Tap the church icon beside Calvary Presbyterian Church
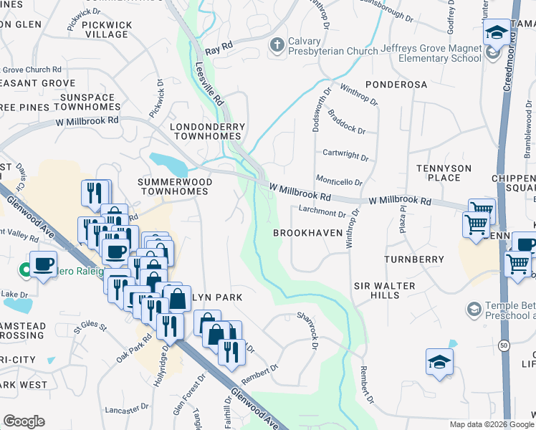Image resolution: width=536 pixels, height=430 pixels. (277, 46)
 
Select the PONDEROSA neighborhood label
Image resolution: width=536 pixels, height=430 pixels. (394, 85)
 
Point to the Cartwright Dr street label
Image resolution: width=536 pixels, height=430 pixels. (345, 154)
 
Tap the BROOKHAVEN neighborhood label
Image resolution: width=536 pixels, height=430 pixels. (301, 234)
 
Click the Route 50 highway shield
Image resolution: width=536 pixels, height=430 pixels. (506, 346)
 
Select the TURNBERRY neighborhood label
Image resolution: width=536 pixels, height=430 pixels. (414, 259)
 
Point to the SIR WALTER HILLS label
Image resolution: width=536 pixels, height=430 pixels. (385, 290)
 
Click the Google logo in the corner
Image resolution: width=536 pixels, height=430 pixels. (24, 421)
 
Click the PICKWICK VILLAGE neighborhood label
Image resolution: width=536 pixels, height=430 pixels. (107, 29)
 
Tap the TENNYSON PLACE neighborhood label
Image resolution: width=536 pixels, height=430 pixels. (444, 173)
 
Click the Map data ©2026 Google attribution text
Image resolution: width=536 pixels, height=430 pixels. (492, 424)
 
